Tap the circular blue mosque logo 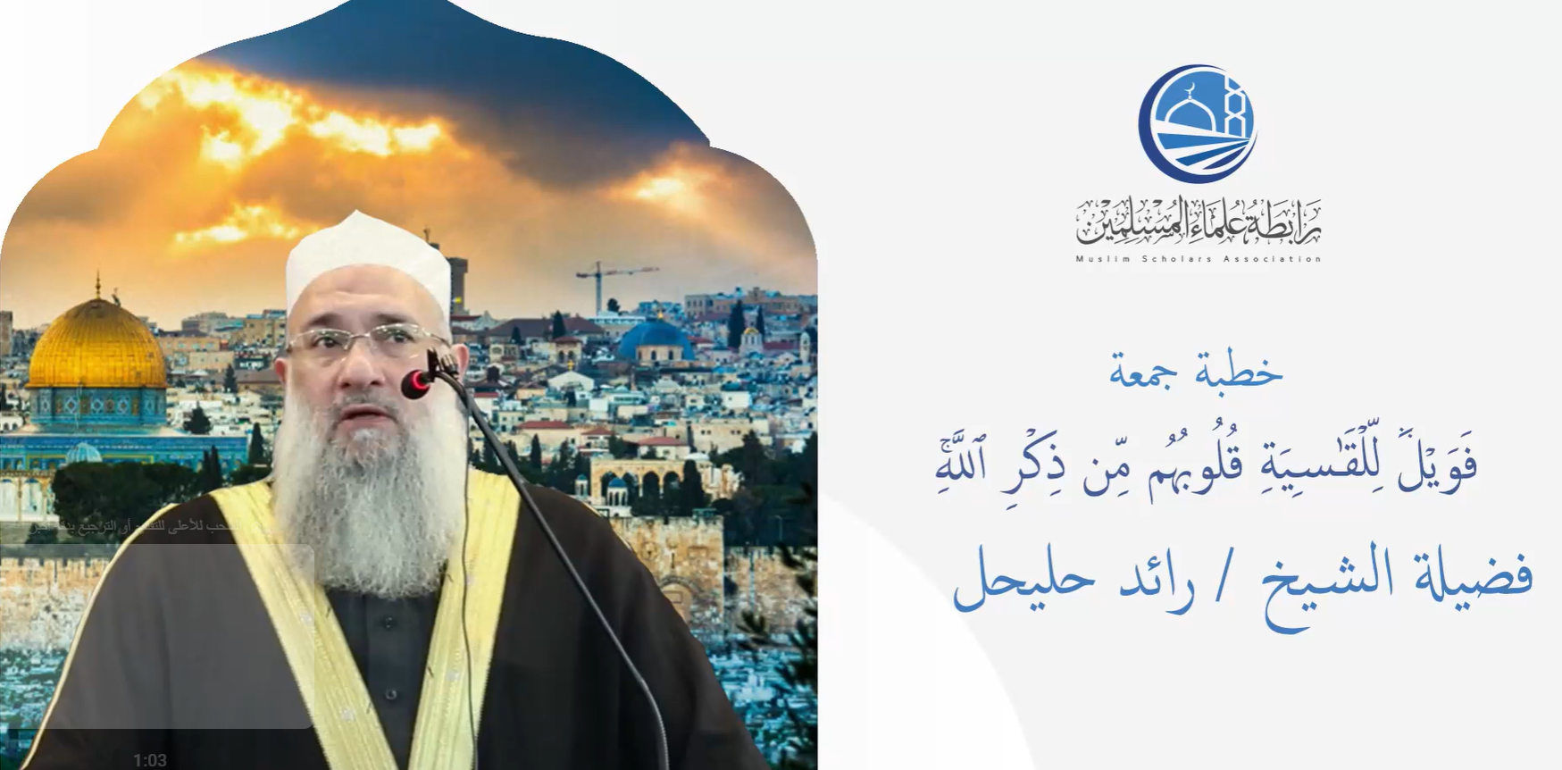pyautogui.click(x=1197, y=121)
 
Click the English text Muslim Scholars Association pyautogui.click(x=1198, y=259)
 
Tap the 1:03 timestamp pyautogui.click(x=150, y=760)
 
